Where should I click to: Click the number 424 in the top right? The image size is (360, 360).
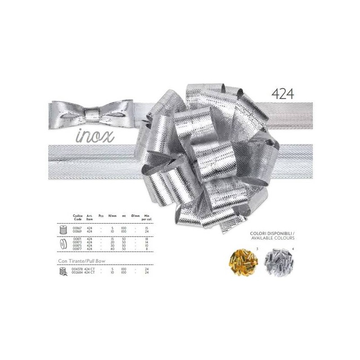(x=283, y=93)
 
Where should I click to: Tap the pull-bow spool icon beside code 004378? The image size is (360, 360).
(x=63, y=270)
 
